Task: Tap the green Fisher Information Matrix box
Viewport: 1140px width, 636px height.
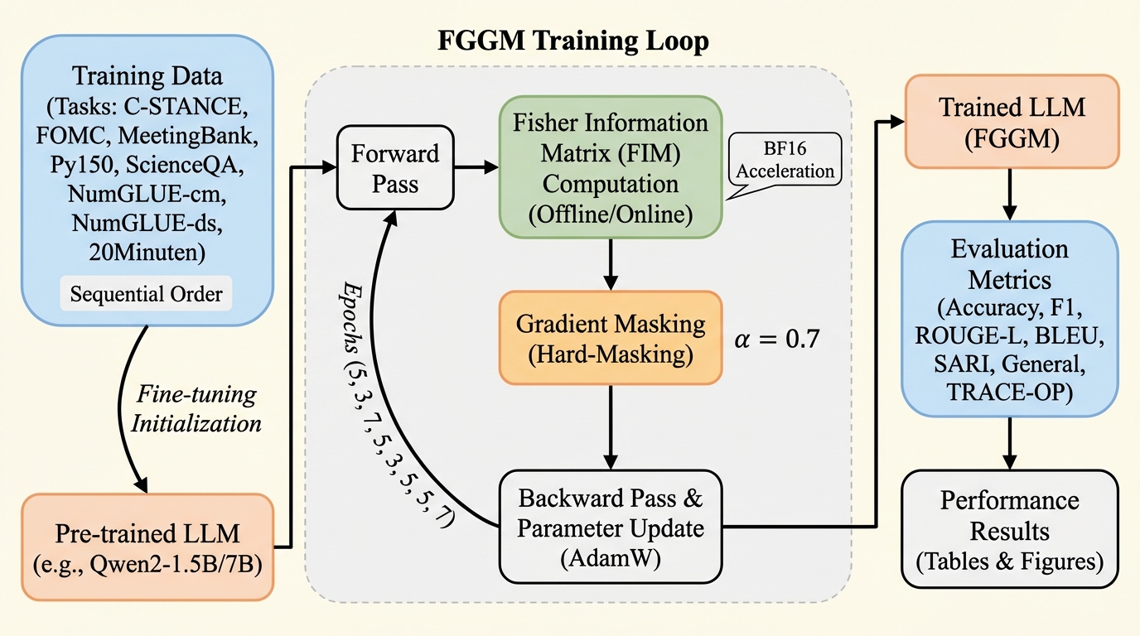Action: click(611, 167)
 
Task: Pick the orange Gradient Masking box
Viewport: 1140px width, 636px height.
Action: click(611, 336)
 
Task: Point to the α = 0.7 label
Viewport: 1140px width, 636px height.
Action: click(777, 340)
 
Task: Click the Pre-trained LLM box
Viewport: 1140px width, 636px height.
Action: click(147, 546)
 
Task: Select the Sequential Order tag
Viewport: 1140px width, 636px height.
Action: click(147, 293)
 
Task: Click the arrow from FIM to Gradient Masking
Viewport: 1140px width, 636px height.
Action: click(611, 263)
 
